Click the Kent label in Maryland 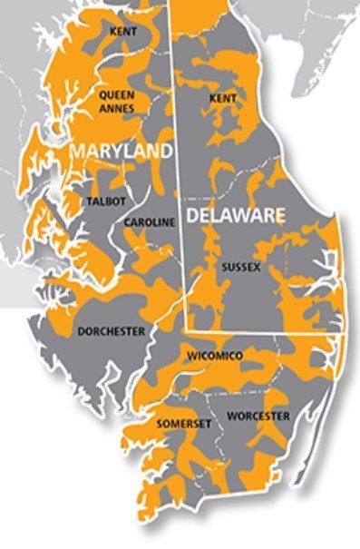(x=122, y=32)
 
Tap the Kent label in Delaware (x=223, y=97)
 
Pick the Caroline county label (x=148, y=222)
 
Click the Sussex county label (x=240, y=268)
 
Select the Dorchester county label (x=111, y=332)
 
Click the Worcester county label (x=258, y=416)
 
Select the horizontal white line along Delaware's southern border (x=263, y=332)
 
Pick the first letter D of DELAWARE (x=192, y=216)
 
